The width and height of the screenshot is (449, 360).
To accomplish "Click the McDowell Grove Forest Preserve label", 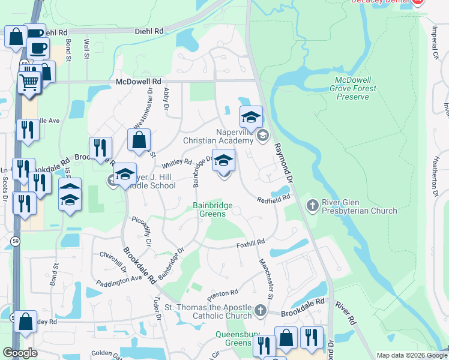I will pyautogui.click(x=357, y=88).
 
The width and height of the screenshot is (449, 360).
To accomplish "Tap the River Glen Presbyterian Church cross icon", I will pyautogui.click(x=312, y=206).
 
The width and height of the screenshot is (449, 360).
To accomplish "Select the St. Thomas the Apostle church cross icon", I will pyautogui.click(x=260, y=311).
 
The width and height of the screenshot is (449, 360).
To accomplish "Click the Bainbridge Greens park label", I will pyautogui.click(x=212, y=209).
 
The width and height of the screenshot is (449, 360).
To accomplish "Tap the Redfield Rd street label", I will pyautogui.click(x=274, y=199).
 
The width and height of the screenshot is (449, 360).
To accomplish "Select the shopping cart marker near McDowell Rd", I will pyautogui.click(x=28, y=82).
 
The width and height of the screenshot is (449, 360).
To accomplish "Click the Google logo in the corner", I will pyautogui.click(x=20, y=353).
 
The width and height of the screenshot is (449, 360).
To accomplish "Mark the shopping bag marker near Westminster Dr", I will pyautogui.click(x=139, y=141).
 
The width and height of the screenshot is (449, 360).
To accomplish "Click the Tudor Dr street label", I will pyautogui.click(x=157, y=306).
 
